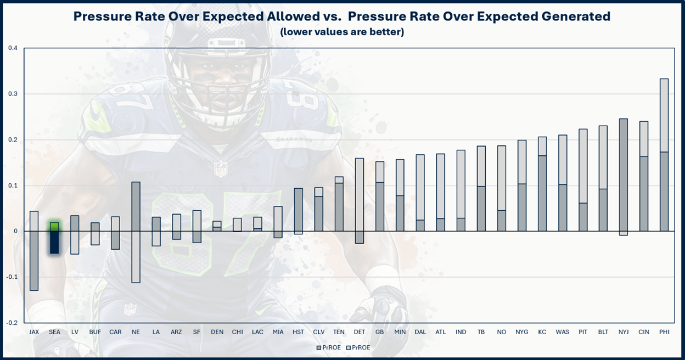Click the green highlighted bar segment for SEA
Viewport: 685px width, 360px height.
(54, 226)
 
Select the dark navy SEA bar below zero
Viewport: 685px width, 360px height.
(54, 242)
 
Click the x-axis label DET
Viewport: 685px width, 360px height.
(360, 332)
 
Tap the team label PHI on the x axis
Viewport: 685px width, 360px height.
(664, 332)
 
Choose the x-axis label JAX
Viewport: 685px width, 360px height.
(34, 332)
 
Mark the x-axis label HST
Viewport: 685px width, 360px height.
(299, 332)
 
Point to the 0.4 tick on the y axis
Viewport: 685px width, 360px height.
(13, 48)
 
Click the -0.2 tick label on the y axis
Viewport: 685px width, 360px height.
(12, 323)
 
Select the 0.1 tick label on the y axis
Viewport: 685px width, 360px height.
(13, 185)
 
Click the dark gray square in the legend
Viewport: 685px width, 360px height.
(319, 347)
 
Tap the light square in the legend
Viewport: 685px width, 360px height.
(347, 347)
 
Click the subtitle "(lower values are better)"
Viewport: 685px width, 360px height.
(342, 32)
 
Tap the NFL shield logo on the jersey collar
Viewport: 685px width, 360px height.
(220, 168)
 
